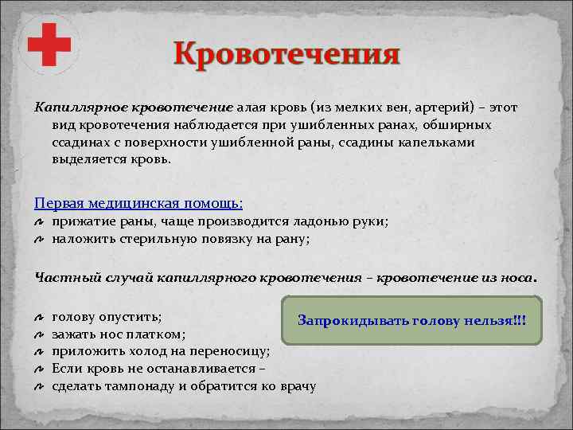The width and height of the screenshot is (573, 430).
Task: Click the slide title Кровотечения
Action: [x=287, y=56]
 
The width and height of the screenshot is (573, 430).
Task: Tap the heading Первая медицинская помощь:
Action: [x=138, y=203]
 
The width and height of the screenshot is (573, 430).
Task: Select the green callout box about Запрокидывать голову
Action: [x=411, y=321]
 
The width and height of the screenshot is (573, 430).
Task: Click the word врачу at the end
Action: [x=297, y=386]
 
